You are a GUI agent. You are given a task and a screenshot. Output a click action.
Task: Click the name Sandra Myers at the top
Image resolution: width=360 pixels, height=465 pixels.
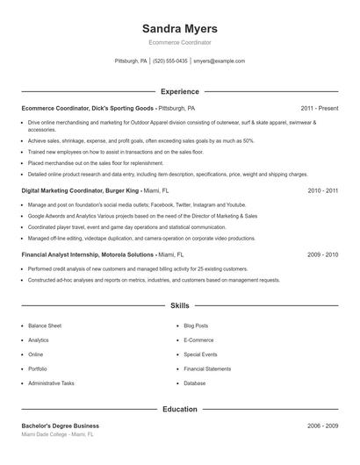[x=180, y=28]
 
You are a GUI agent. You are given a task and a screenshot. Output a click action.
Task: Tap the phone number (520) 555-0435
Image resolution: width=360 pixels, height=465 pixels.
[x=170, y=61]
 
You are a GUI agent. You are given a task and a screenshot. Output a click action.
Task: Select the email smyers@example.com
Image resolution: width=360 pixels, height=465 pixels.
[x=219, y=61]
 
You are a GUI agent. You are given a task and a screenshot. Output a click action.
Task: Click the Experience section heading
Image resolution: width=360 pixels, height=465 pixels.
[x=180, y=91]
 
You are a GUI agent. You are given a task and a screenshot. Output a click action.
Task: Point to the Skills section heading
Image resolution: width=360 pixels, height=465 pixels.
[x=180, y=306]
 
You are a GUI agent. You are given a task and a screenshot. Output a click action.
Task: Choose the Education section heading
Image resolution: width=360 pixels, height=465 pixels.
[x=180, y=409]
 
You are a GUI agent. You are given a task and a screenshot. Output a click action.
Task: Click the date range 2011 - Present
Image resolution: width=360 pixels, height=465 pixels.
[x=319, y=108]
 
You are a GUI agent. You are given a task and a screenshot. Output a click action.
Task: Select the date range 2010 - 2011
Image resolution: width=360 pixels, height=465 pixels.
[x=322, y=190]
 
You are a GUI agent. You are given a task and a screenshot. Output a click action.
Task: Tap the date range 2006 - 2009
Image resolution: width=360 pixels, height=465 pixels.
[x=322, y=426]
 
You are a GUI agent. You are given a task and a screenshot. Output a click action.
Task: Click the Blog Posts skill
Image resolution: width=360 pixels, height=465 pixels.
[x=196, y=325]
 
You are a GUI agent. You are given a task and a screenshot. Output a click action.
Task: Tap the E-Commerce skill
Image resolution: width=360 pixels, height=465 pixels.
[x=198, y=340]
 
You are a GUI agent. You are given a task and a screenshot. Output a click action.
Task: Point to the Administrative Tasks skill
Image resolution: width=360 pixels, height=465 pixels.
[x=51, y=383]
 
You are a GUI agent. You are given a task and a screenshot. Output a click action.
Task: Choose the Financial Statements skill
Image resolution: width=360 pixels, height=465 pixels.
[x=207, y=369]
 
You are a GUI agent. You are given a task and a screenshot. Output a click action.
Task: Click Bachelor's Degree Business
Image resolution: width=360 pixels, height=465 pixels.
[x=61, y=426]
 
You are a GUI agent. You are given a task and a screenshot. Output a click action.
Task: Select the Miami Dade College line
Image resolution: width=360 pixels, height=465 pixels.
[x=57, y=435]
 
